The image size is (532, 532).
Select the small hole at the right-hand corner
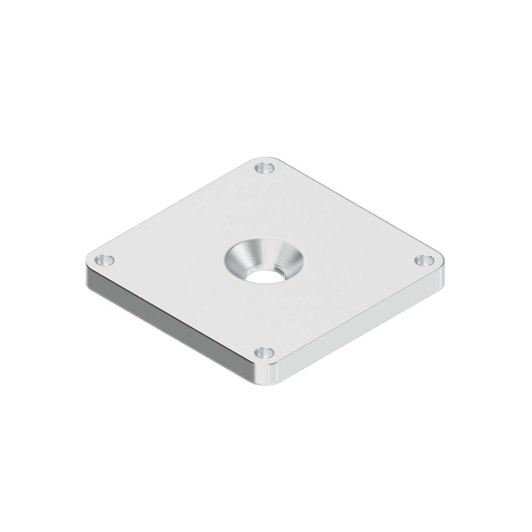coord(425,260)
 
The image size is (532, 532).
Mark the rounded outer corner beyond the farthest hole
coord(266,158)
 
